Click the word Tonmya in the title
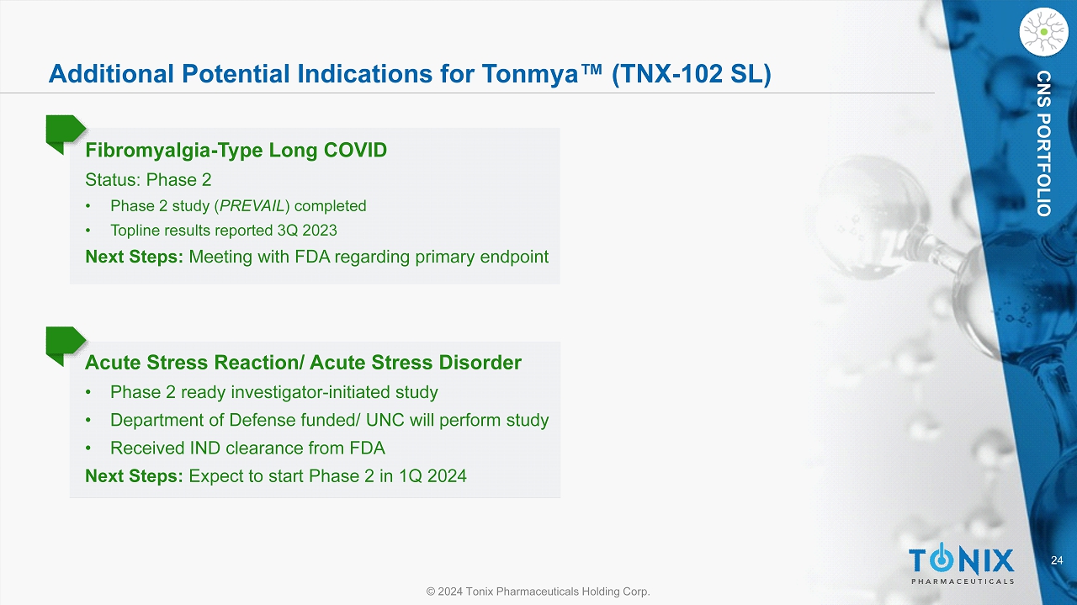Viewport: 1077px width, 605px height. [x=530, y=74]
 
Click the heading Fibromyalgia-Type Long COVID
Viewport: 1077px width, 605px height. [x=236, y=150]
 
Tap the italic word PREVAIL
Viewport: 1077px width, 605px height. [x=252, y=206]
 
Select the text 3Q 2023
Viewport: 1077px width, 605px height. [x=307, y=231]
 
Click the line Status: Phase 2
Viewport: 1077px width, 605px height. [x=148, y=180]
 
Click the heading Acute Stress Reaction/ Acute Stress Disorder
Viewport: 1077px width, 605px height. [x=303, y=363]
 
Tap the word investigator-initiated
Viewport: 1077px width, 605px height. [x=310, y=392]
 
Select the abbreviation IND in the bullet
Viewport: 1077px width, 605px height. [x=204, y=448]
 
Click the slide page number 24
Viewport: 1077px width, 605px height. [x=1057, y=560]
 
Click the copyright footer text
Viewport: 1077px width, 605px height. [x=538, y=591]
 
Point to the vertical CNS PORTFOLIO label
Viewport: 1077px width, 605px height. [x=1043, y=143]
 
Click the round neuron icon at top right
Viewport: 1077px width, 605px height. [x=1044, y=32]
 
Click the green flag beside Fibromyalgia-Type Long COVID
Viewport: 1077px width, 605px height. [x=66, y=133]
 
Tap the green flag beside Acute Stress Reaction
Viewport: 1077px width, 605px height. [x=66, y=344]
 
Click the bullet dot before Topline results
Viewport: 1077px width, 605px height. [x=88, y=231]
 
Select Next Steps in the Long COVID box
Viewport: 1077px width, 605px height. [x=134, y=257]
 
